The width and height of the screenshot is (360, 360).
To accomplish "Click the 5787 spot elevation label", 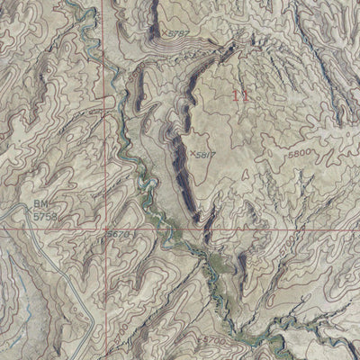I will [x=181, y=34].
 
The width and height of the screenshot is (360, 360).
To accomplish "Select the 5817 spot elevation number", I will [x=205, y=154].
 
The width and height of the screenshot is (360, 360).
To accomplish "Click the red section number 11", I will [x=239, y=93].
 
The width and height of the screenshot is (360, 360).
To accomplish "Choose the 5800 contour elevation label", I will [x=301, y=154].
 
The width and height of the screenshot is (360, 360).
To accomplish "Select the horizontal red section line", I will [x=270, y=229].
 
